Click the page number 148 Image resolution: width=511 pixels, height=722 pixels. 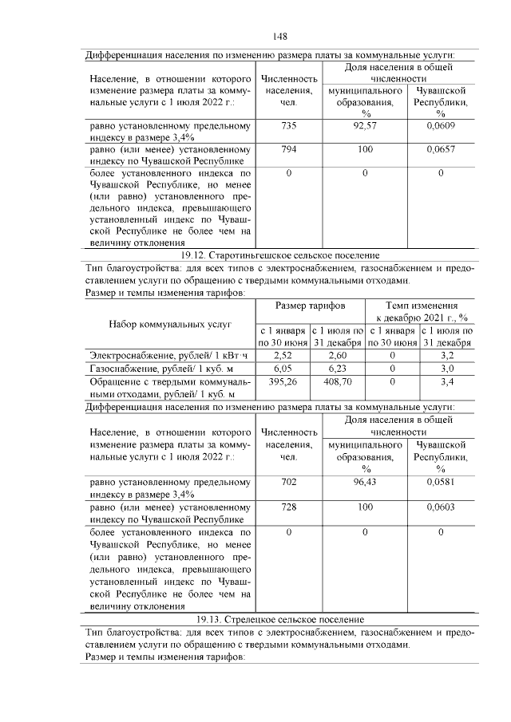coord(279,37)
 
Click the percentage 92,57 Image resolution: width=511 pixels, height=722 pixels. coord(364,126)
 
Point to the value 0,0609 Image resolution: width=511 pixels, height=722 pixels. coord(440,126)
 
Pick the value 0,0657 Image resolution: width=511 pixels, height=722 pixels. coord(440,149)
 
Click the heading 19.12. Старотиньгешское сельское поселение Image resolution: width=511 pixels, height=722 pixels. coord(279,254)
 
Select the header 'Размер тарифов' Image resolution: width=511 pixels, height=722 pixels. coord(310,306)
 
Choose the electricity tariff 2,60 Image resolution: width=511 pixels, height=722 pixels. coord(337,354)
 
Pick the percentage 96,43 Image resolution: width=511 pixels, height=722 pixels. coord(364,483)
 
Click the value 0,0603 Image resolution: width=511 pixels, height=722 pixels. coord(440,506)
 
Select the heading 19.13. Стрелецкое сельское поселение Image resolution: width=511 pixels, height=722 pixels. coord(279,619)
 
